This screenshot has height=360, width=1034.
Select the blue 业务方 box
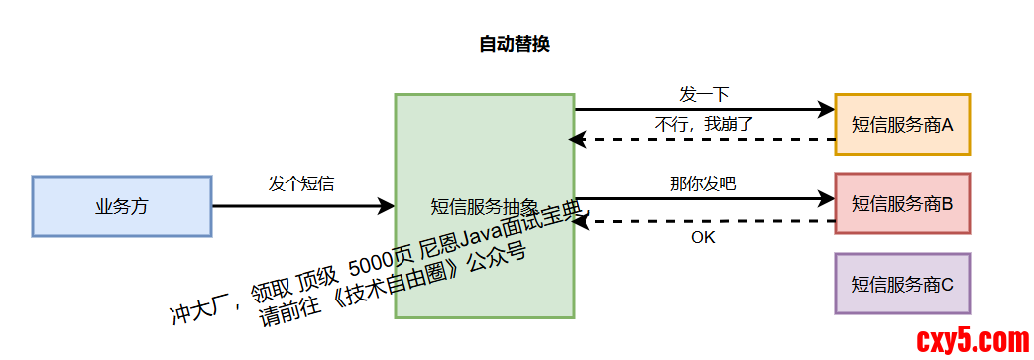[x=122, y=206]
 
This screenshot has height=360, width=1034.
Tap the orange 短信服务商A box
[x=902, y=125]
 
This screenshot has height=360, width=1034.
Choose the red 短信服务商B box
[x=902, y=204]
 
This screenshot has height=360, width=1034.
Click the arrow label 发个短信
[x=301, y=183]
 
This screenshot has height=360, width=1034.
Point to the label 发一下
[x=704, y=95]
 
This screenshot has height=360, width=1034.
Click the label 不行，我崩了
[x=705, y=125]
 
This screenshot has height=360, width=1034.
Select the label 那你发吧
[x=703, y=183]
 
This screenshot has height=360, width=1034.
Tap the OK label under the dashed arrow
[x=703, y=237]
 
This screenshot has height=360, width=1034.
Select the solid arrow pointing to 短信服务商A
[x=704, y=109]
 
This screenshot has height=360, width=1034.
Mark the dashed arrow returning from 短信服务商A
[x=704, y=140]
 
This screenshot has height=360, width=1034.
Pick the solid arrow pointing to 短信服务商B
[x=704, y=199]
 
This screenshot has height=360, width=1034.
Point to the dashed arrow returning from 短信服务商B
[x=704, y=222]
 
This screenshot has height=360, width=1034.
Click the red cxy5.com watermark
[x=973, y=341]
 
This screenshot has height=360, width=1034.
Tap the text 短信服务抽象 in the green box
[x=484, y=207]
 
